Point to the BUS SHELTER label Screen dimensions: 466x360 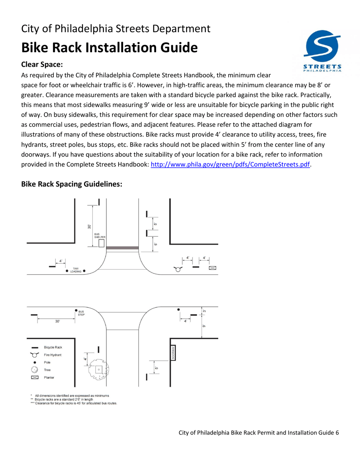coord(100,235)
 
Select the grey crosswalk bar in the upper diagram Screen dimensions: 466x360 coord(122,248)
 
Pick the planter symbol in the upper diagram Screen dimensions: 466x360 coord(212,268)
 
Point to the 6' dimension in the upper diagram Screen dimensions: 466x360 coord(155,244)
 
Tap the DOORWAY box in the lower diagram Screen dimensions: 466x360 coord(173,353)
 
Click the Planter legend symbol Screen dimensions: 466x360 coord(34,377)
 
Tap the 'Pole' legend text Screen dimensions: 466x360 coord(48,362)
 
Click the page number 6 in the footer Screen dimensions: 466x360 coord(337,433)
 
